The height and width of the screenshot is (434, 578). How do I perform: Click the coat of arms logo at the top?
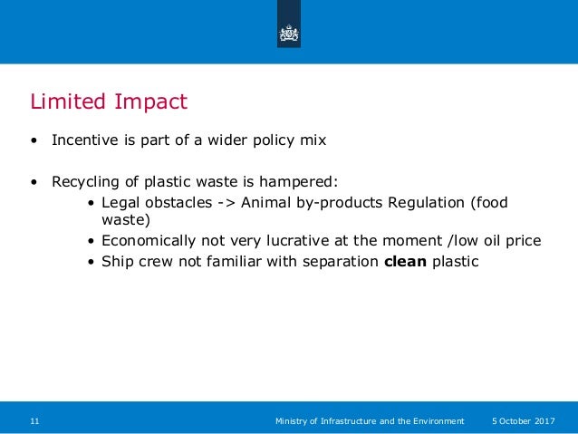288,34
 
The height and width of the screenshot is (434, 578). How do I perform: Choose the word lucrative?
308,241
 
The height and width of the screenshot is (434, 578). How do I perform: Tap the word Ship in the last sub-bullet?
117,262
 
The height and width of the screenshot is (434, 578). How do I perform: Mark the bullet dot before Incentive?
34,141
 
